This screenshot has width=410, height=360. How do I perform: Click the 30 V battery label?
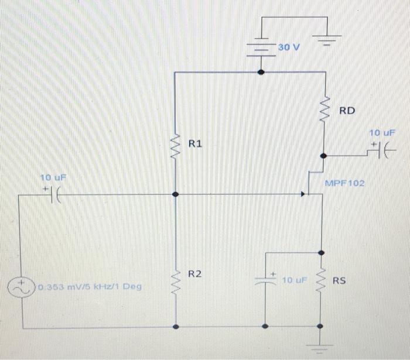[288, 47]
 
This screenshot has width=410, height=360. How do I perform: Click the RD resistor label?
[348, 110]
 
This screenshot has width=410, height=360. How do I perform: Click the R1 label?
[196, 143]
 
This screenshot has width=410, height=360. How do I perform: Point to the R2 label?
[196, 273]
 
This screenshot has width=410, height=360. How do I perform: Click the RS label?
[340, 281]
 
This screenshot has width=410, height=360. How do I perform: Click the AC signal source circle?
[22, 287]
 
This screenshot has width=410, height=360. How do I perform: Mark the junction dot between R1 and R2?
[175, 194]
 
